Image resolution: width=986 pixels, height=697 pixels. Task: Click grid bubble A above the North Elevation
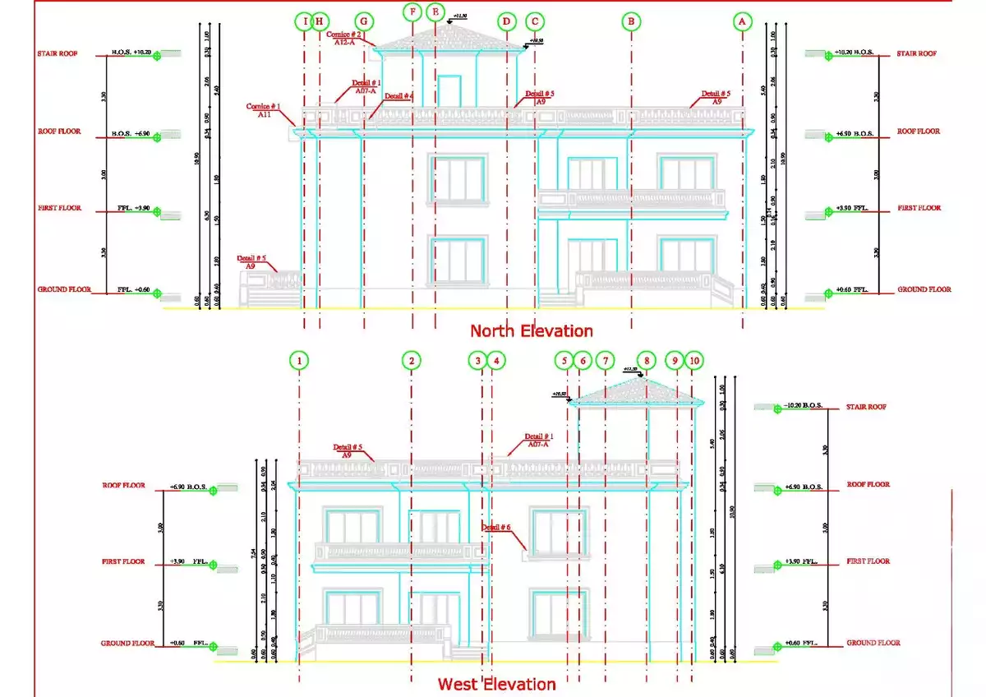(x=742, y=22)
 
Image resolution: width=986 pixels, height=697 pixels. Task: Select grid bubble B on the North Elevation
(x=631, y=22)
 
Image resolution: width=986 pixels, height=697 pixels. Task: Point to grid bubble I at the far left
(x=306, y=21)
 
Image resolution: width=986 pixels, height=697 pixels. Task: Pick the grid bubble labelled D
(x=507, y=21)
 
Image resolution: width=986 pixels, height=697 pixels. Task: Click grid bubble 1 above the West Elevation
(x=301, y=360)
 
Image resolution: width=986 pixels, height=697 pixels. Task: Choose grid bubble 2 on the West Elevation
(x=412, y=360)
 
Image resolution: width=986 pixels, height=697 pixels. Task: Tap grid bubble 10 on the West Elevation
(x=694, y=360)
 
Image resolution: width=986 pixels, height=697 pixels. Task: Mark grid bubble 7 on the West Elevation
(x=605, y=360)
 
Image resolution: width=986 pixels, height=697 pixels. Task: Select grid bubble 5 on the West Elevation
(x=563, y=360)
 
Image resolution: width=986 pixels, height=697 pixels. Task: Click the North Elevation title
(x=531, y=330)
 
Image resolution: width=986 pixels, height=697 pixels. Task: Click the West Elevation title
(x=496, y=684)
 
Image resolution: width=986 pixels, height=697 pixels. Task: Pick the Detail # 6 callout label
(x=496, y=527)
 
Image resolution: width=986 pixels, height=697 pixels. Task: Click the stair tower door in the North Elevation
(x=449, y=89)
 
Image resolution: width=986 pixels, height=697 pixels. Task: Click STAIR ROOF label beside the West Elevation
(x=867, y=407)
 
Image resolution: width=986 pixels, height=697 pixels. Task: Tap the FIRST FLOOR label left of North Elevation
(x=59, y=209)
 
